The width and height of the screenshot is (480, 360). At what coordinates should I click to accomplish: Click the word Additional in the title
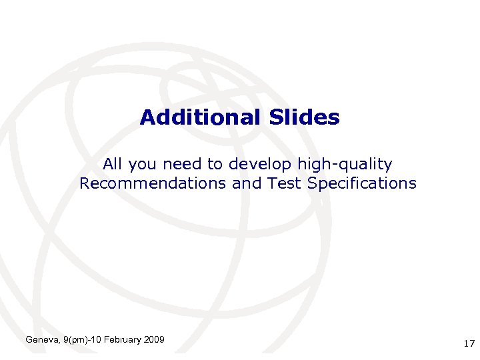point(198,118)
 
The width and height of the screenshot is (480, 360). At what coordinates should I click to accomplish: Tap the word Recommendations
point(153,183)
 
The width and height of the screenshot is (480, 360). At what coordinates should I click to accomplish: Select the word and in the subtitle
point(247,183)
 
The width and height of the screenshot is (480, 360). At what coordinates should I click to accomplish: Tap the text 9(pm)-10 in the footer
point(81,341)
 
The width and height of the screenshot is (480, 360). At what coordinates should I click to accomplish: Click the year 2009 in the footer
point(155,341)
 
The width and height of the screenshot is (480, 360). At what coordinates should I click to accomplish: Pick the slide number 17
point(468,344)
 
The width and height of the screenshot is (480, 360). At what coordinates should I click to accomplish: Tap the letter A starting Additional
point(147,118)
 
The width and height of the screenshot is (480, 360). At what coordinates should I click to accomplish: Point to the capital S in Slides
point(276,118)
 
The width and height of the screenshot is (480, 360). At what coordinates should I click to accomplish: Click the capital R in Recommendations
point(85,183)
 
